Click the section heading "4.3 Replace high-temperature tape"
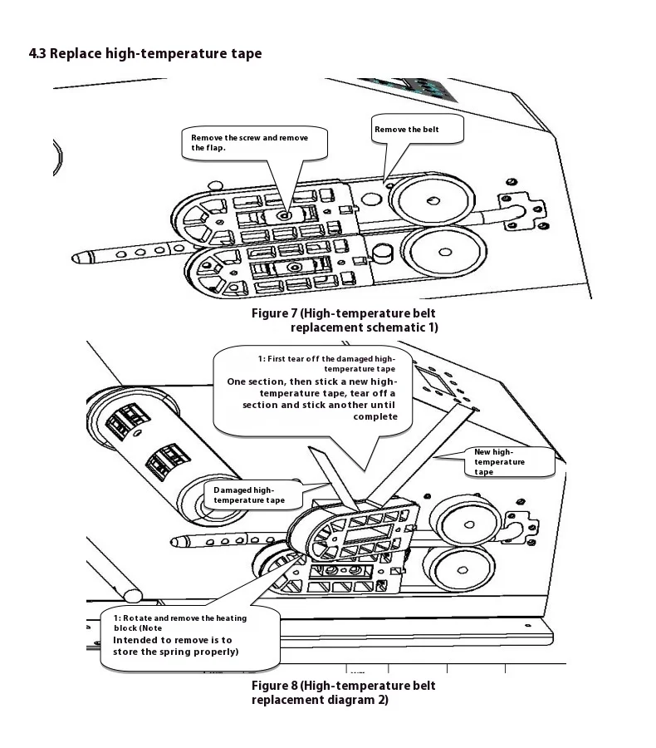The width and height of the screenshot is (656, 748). tap(145, 54)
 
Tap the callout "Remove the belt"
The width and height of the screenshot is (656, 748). tap(407, 130)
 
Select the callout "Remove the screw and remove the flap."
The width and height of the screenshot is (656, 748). tap(253, 143)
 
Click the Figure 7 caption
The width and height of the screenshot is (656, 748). tap(344, 320)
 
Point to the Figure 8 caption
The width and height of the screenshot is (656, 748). tap(344, 692)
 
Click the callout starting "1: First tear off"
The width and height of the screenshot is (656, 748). tap(313, 387)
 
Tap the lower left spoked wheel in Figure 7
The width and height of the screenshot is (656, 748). tap(208, 270)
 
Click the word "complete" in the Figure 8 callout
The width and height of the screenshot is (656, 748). tap(375, 416)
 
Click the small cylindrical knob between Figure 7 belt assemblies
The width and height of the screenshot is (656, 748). tap(383, 251)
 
